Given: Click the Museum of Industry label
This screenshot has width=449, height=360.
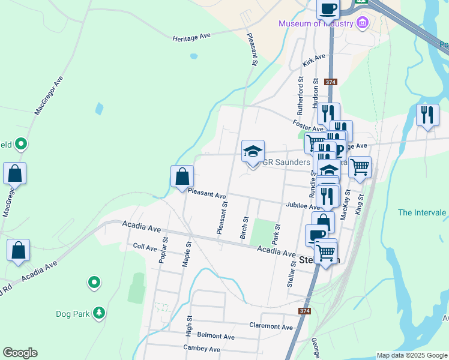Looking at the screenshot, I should (316, 23).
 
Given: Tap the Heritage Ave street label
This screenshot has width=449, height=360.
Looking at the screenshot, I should (191, 37).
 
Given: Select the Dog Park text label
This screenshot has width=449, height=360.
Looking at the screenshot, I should (71, 313).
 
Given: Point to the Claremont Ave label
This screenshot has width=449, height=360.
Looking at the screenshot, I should (271, 326).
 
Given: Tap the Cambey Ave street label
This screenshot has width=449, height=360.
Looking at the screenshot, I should (202, 349).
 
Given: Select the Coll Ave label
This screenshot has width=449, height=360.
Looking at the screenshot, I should (145, 247).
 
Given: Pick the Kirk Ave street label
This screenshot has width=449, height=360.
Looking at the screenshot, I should (314, 60).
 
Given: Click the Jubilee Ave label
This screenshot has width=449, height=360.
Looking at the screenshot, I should (303, 206).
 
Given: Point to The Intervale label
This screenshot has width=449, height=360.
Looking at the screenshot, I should (421, 212).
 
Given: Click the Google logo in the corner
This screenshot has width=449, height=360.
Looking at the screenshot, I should (20, 353).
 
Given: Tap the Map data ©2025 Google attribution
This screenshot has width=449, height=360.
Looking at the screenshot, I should (411, 355).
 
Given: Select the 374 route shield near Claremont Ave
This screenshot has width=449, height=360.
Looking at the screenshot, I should (305, 311).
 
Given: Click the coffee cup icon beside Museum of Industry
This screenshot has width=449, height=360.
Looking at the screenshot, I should (328, 8).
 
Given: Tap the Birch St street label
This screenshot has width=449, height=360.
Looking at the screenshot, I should (244, 227).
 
